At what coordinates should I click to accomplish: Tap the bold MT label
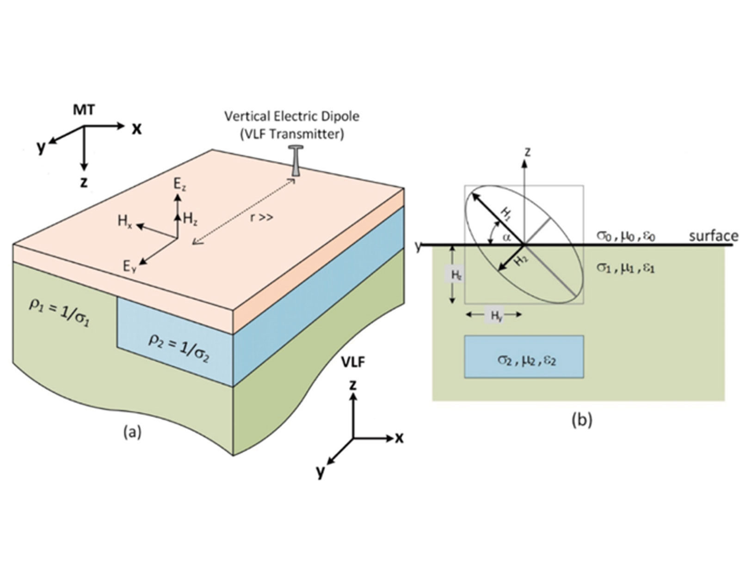84,110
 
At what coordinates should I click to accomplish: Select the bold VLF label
353,362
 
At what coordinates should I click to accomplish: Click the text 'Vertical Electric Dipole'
292,116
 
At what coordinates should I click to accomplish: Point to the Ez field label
179,184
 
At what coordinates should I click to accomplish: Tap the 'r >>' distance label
262,217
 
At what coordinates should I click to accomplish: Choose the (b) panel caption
581,420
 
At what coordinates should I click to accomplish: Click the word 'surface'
713,236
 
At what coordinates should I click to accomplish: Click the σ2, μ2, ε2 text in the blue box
526,359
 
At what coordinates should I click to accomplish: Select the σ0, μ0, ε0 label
625,237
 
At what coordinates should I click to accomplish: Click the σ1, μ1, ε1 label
625,268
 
